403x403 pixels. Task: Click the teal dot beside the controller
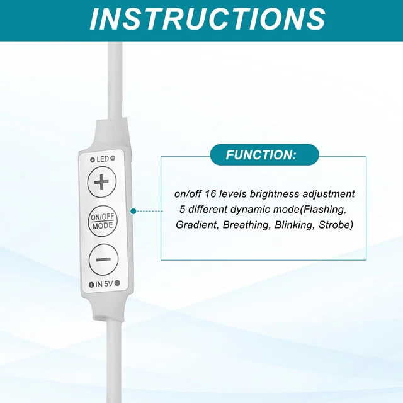133,211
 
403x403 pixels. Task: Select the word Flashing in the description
322,209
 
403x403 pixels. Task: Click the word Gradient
196,225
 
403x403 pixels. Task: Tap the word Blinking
292,225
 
